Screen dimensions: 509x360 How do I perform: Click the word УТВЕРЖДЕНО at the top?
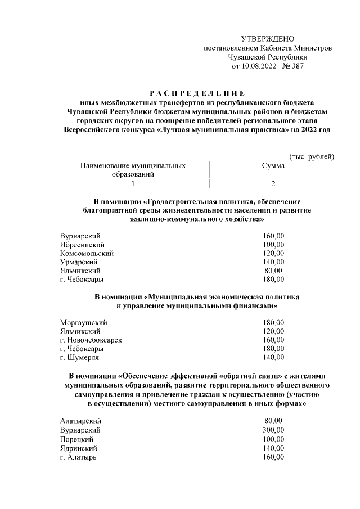(267, 39)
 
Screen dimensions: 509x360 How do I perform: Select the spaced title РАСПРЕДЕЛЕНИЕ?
(197, 92)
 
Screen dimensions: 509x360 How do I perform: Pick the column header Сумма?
(273, 166)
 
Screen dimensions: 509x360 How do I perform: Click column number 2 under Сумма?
(273, 184)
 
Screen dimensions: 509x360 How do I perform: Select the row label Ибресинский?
(83, 245)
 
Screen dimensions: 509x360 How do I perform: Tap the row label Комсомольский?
(87, 253)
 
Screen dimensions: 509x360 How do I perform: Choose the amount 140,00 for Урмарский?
(273, 262)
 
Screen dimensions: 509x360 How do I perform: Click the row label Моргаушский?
(83, 323)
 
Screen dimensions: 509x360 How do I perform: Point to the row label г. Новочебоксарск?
(91, 340)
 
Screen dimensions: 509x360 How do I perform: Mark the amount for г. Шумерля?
(273, 357)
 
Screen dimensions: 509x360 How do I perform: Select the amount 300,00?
(273, 430)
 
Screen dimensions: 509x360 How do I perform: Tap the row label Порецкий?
(76, 439)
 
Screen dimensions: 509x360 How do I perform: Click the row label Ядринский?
(79, 448)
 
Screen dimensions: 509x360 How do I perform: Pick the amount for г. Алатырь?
(273, 457)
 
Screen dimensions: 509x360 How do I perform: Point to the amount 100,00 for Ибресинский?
(273, 245)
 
